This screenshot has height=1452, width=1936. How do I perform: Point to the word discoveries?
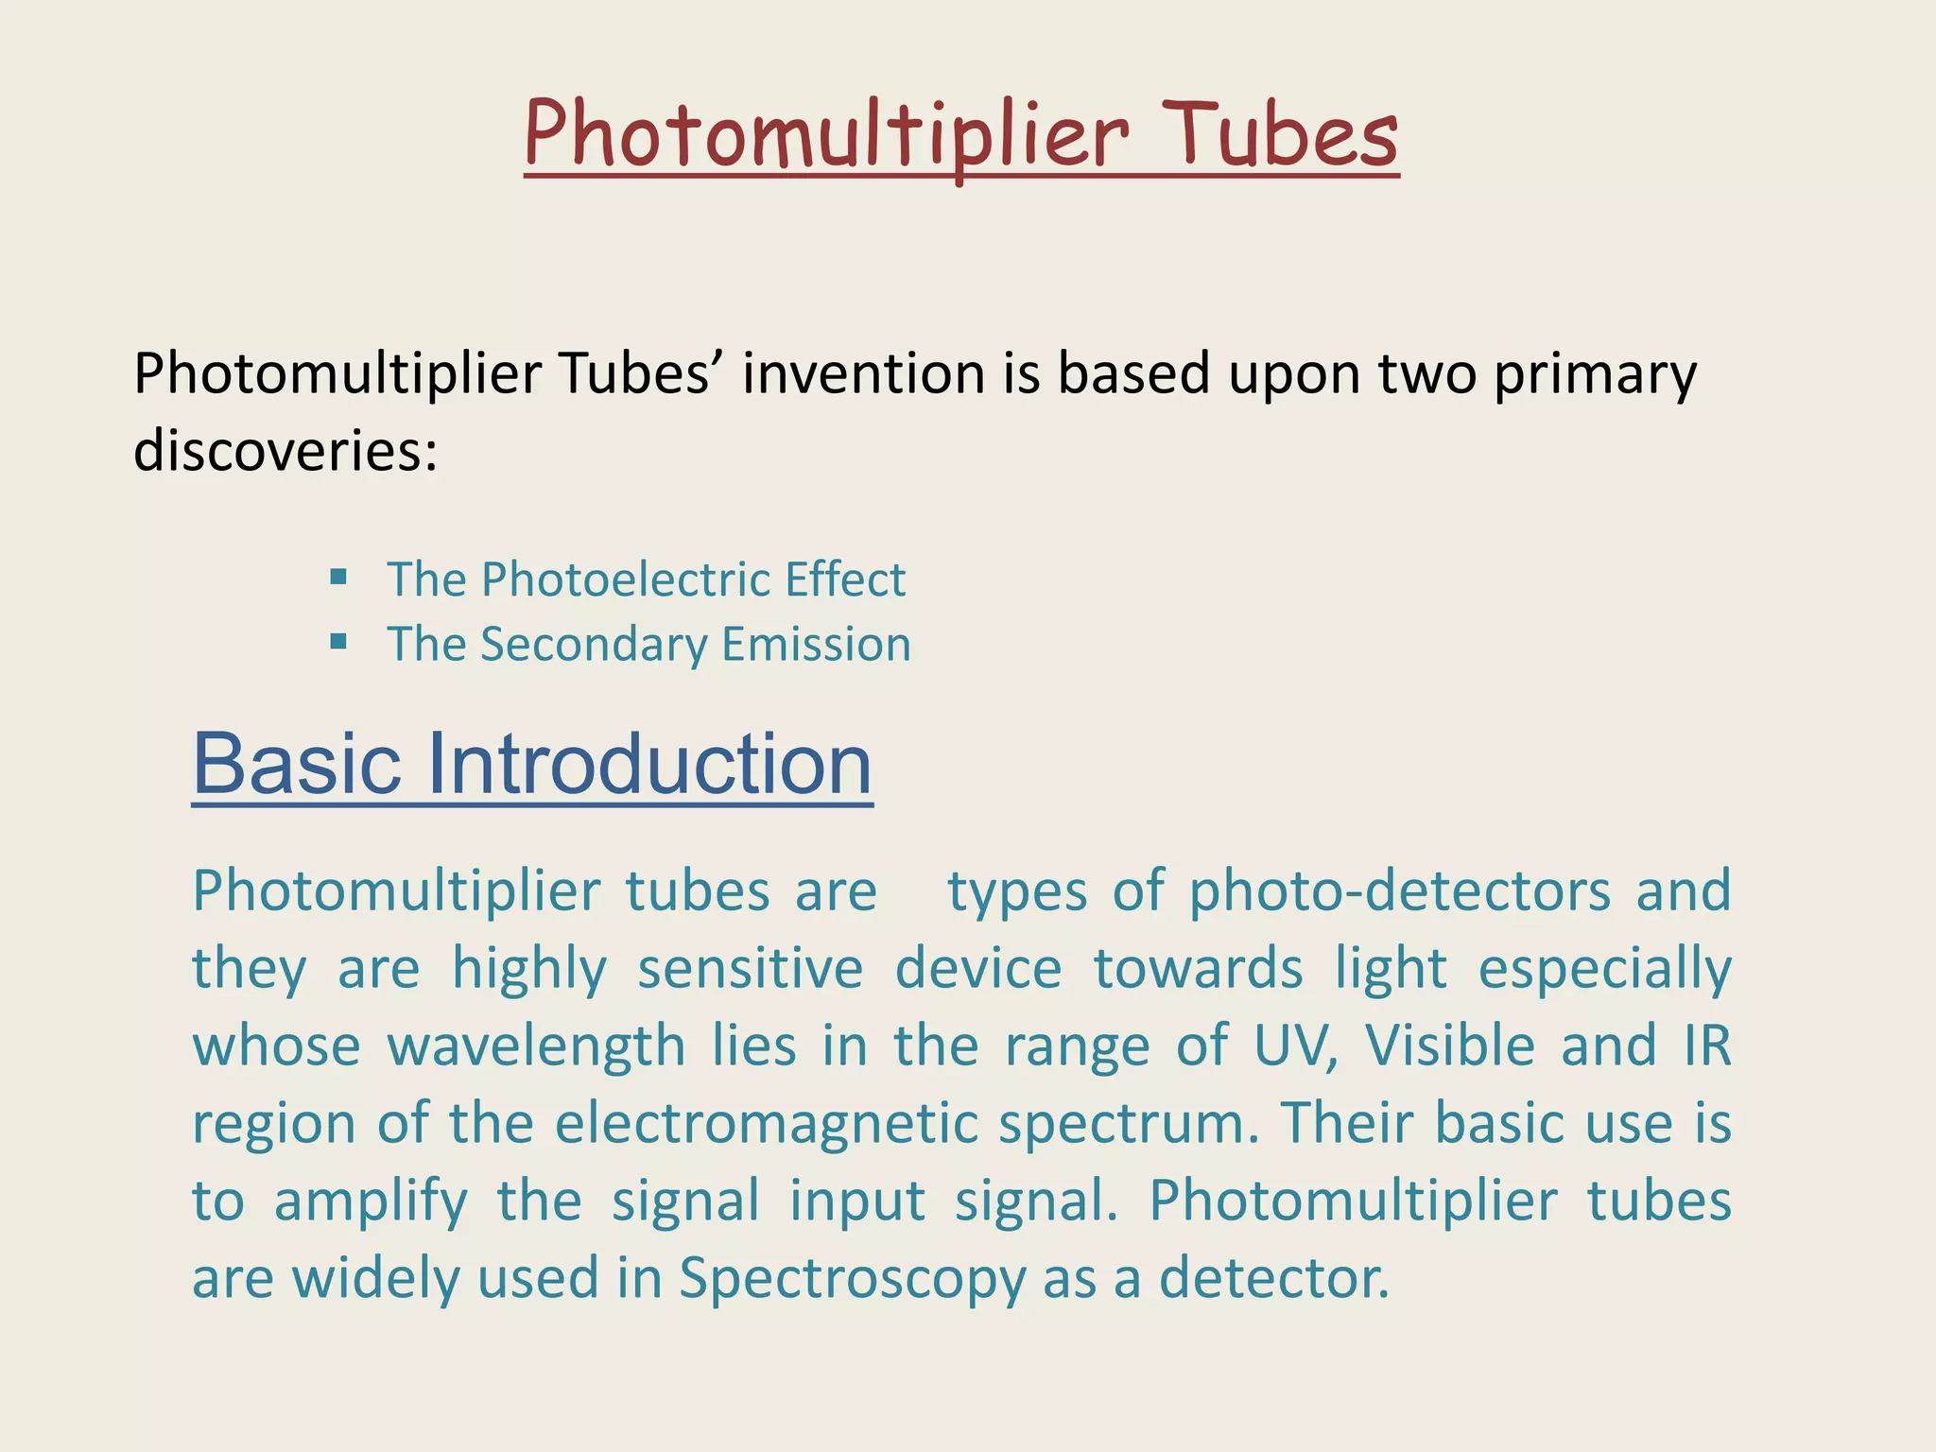coord(285,451)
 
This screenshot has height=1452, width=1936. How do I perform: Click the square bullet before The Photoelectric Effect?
coord(338,577)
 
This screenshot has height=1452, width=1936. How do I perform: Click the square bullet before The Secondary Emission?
coord(338,643)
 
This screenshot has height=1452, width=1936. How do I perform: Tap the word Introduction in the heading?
coord(649,764)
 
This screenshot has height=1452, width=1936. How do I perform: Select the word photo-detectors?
coord(1399,891)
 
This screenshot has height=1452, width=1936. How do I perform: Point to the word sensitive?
coord(751,969)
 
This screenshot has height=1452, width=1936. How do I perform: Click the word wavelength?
coord(536,1047)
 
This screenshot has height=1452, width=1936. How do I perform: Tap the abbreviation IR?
coord(1706,1046)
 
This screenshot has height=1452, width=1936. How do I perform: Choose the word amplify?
coord(371,1202)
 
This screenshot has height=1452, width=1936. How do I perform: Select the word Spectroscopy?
coord(852,1280)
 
